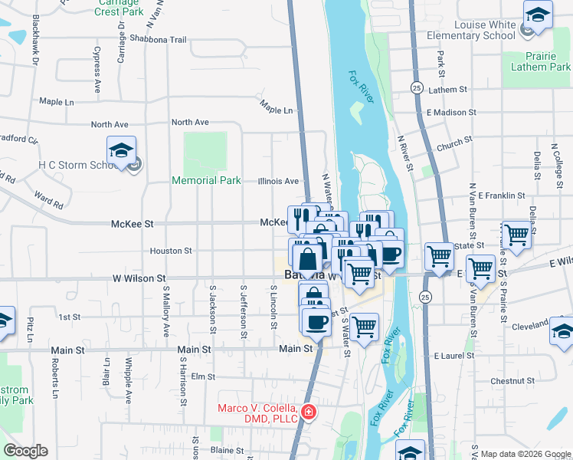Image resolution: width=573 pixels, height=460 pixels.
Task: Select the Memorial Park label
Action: pos(206,181)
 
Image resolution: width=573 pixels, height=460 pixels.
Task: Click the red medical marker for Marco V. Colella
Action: pos(308,413)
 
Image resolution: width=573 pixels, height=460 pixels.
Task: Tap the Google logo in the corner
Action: pos(25,451)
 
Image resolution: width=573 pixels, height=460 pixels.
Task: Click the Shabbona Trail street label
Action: pos(158,39)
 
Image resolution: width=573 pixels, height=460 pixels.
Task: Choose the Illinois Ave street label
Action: pos(278,181)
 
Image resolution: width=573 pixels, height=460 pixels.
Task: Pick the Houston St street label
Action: pos(170,251)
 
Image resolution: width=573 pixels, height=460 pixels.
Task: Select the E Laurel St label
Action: pos(454,356)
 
